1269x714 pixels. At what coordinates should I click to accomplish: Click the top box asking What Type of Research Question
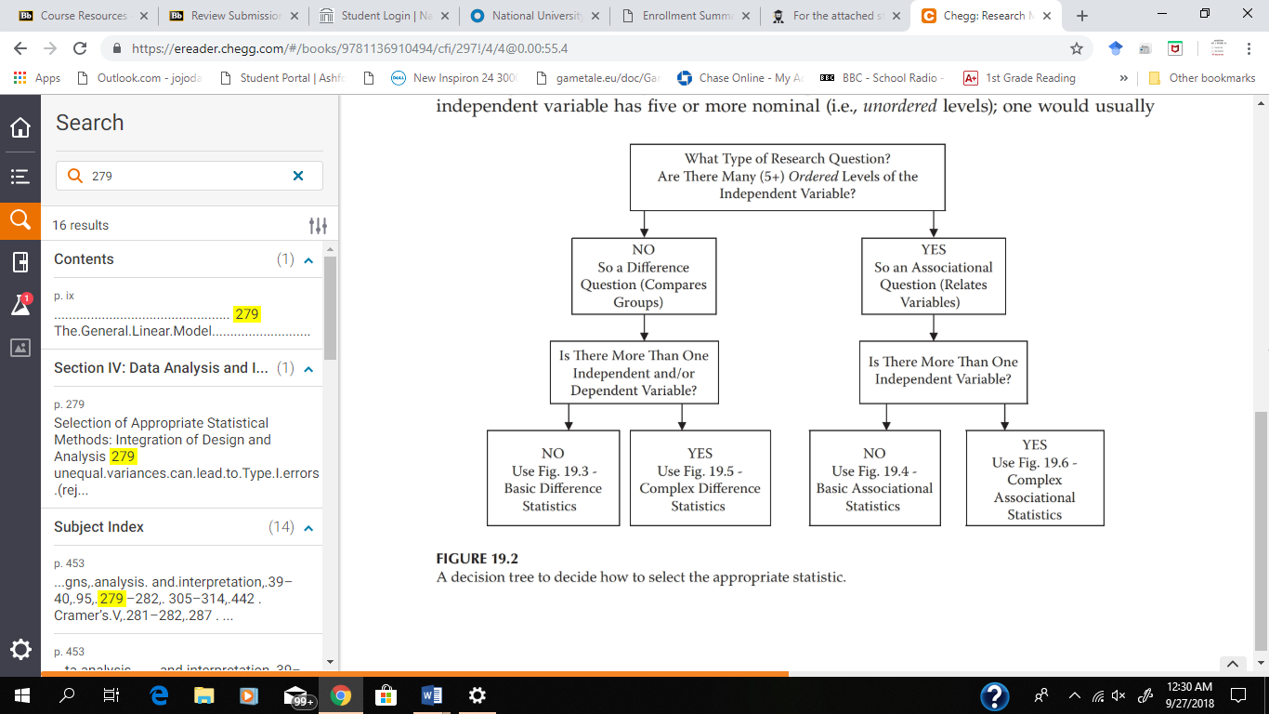(787, 177)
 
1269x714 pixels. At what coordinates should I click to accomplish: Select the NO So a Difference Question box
(644, 275)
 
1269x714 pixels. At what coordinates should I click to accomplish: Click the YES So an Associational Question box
(933, 275)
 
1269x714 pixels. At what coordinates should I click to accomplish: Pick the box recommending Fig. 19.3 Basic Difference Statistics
(553, 479)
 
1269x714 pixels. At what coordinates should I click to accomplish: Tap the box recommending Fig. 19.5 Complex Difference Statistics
(700, 479)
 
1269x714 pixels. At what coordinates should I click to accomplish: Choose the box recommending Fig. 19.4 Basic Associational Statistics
(874, 479)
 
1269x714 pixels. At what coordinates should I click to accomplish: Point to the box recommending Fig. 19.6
(1034, 479)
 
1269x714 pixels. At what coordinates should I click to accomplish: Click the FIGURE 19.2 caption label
(477, 559)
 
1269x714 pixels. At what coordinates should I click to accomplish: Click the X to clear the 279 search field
(298, 176)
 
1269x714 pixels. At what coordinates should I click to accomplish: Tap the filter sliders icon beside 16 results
(318, 225)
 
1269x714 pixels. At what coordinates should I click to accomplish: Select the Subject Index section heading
(99, 527)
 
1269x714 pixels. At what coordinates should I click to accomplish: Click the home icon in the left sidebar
(20, 128)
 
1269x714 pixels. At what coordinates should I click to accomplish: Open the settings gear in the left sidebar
(20, 649)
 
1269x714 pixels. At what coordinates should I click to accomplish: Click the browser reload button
(80, 48)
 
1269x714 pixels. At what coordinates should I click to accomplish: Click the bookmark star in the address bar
(1077, 48)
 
